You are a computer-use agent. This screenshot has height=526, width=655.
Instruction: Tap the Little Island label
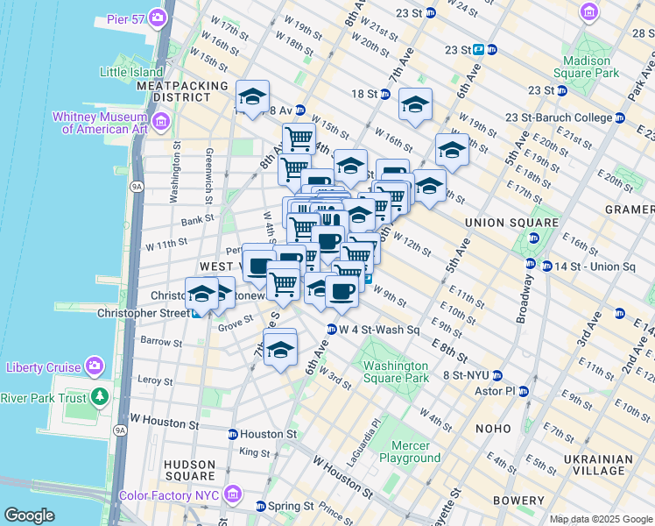click(x=131, y=72)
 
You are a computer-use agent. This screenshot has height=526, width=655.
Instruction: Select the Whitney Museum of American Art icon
click(x=159, y=122)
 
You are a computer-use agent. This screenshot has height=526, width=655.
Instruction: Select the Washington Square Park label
click(x=396, y=372)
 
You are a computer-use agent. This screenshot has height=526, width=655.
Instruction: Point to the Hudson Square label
click(x=189, y=470)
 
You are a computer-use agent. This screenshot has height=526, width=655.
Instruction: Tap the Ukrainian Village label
click(x=598, y=466)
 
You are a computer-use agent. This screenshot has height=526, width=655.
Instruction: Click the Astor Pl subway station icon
click(x=523, y=391)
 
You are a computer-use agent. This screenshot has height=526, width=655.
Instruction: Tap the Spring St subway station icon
click(x=260, y=507)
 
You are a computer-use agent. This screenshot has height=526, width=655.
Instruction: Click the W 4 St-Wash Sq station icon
click(x=331, y=330)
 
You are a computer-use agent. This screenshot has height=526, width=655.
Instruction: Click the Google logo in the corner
click(x=29, y=515)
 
